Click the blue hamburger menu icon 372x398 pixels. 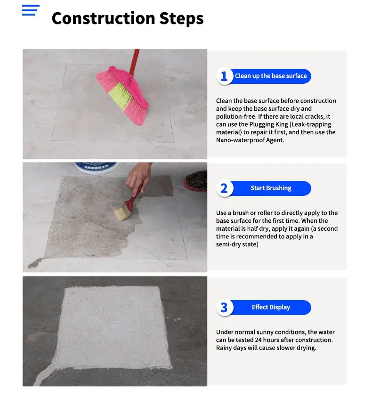[x=31, y=10]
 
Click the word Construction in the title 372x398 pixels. [x=103, y=18]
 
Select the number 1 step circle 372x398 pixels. [x=224, y=76]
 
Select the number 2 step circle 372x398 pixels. [x=224, y=188]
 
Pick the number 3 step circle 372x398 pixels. [x=224, y=308]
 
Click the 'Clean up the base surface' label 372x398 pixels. [x=271, y=76]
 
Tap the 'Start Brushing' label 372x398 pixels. [x=271, y=188]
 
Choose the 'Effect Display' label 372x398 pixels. [x=271, y=307]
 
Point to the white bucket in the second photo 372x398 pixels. [x=96, y=167]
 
